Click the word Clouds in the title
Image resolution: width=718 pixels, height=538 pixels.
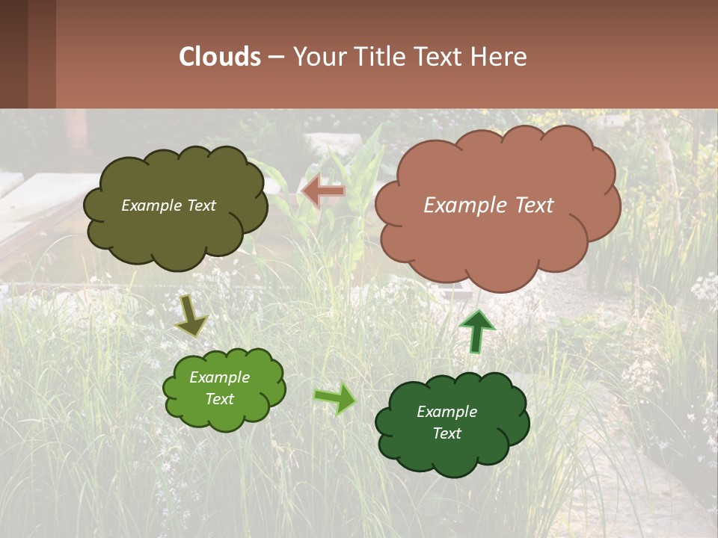(220, 57)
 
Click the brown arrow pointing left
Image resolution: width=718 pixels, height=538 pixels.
(322, 192)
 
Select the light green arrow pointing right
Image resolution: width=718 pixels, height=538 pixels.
(335, 398)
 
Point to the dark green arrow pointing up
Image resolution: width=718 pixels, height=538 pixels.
(476, 330)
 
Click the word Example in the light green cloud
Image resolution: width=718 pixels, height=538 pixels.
(219, 377)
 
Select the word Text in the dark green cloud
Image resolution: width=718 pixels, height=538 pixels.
(447, 433)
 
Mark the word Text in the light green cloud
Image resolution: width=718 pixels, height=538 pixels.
(219, 399)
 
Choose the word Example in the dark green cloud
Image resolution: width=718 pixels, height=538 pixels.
(447, 412)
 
